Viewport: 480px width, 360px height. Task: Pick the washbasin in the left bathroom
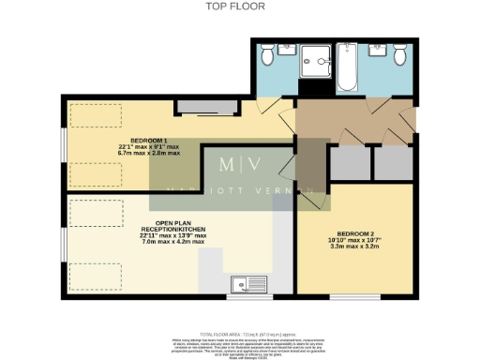pyautogui.click(x=288, y=50)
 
